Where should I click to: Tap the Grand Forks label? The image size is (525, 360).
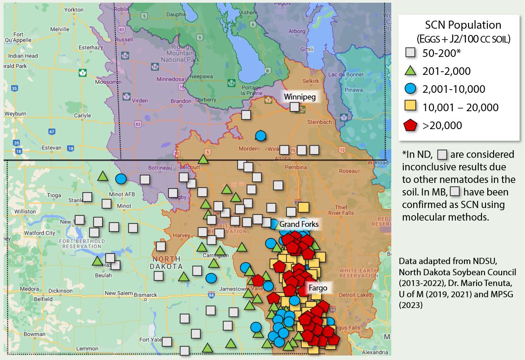(x=299, y=224)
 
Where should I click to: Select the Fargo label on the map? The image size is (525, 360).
(x=317, y=287)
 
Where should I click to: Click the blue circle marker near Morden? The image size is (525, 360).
(x=260, y=135)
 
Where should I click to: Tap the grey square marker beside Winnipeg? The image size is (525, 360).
(x=294, y=107)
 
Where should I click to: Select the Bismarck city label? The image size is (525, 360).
(x=146, y=295)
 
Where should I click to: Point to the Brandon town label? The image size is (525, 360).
(x=181, y=101)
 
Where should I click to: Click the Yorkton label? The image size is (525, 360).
(x=74, y=9)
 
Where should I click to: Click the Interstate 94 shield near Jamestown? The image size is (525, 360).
(x=211, y=295)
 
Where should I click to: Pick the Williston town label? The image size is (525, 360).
(x=25, y=211)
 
